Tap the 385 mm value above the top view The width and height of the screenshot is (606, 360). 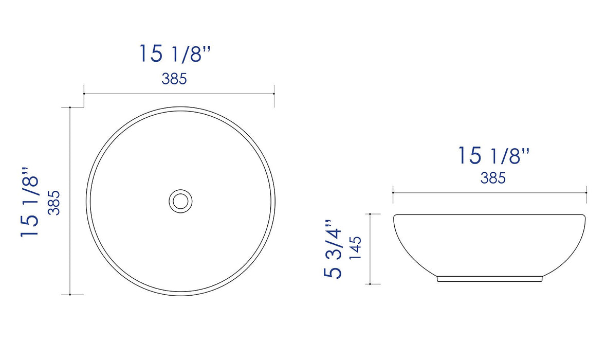point(174,79)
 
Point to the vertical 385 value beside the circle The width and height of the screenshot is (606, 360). point(54,203)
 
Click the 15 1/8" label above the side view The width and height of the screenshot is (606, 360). point(494,155)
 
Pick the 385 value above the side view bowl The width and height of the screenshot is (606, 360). point(493,178)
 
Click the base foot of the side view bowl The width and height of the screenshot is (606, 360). point(489,279)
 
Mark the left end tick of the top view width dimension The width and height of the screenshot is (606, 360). point(84,94)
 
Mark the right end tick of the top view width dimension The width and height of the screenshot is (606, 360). point(274,94)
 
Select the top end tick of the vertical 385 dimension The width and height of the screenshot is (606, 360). point(70,107)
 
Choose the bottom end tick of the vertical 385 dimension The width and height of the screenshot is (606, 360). point(70,295)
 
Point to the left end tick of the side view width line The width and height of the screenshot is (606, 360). point(393,192)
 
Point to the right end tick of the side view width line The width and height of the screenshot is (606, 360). point(586,192)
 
